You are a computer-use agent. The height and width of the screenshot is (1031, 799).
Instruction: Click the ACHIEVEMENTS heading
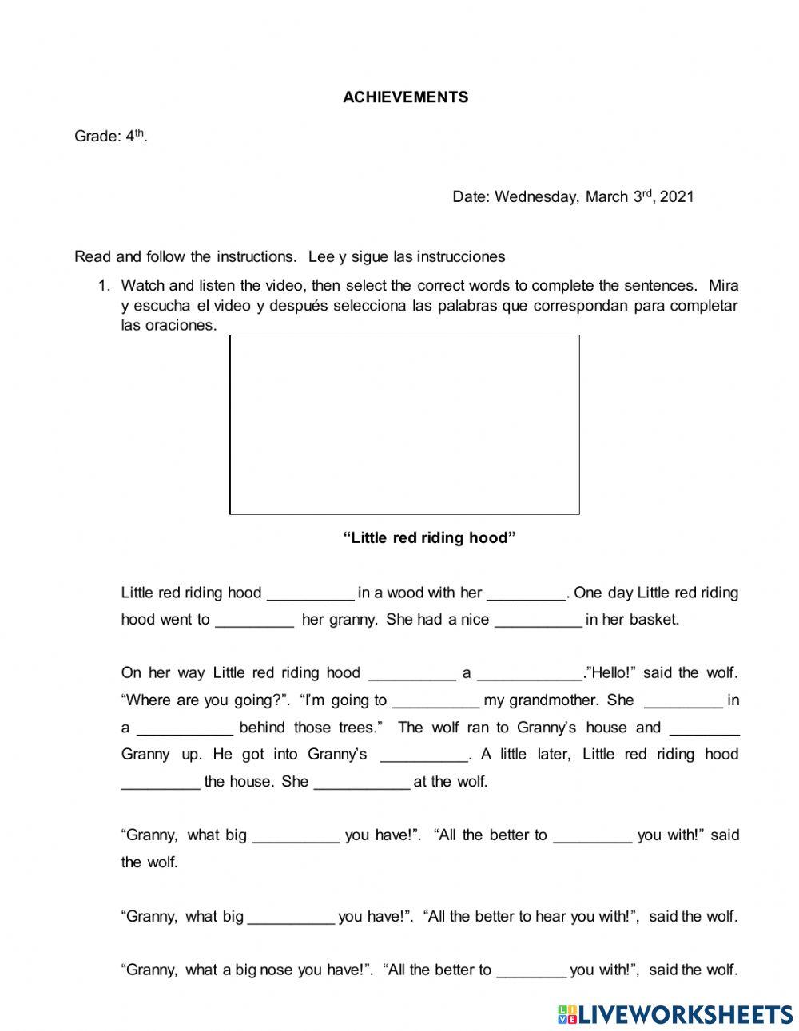tap(405, 97)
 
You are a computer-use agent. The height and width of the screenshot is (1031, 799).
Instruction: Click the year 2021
tap(677, 197)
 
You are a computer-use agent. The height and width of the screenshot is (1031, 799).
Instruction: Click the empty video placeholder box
tap(404, 425)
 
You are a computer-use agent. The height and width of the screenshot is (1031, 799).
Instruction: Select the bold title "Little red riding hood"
tap(429, 538)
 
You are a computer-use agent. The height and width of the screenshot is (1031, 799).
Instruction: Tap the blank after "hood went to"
tap(254, 621)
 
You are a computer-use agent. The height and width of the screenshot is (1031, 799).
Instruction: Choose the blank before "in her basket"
tap(538, 621)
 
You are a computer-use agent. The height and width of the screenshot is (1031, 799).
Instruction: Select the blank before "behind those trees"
tap(185, 728)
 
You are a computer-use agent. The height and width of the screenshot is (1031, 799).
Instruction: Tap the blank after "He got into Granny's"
tap(423, 755)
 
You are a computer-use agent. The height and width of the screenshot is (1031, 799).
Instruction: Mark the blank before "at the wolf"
tap(362, 783)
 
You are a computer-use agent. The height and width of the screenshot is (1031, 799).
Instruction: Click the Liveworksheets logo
tap(675, 1014)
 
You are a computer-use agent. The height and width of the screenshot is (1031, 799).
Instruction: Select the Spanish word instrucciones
tap(460, 257)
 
